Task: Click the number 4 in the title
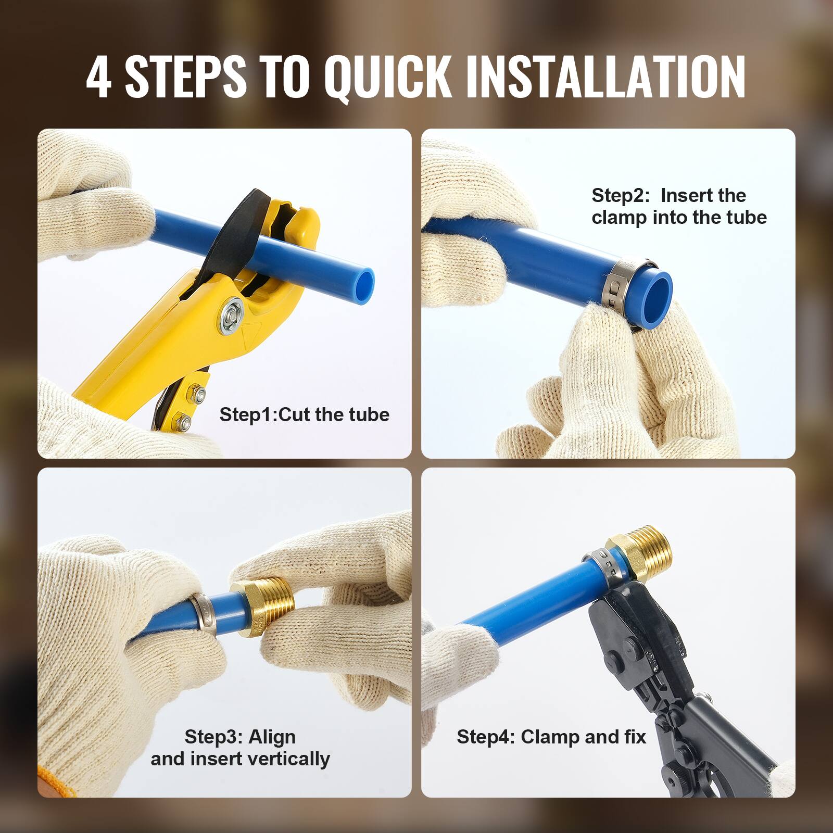pos(98,77)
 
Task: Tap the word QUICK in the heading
pos(387,77)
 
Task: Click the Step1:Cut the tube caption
pos(304,414)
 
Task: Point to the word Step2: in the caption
pos(620,196)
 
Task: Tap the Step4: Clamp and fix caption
pos(551,737)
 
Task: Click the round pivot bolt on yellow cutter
pos(231,315)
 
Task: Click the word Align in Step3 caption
pos(272,737)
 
